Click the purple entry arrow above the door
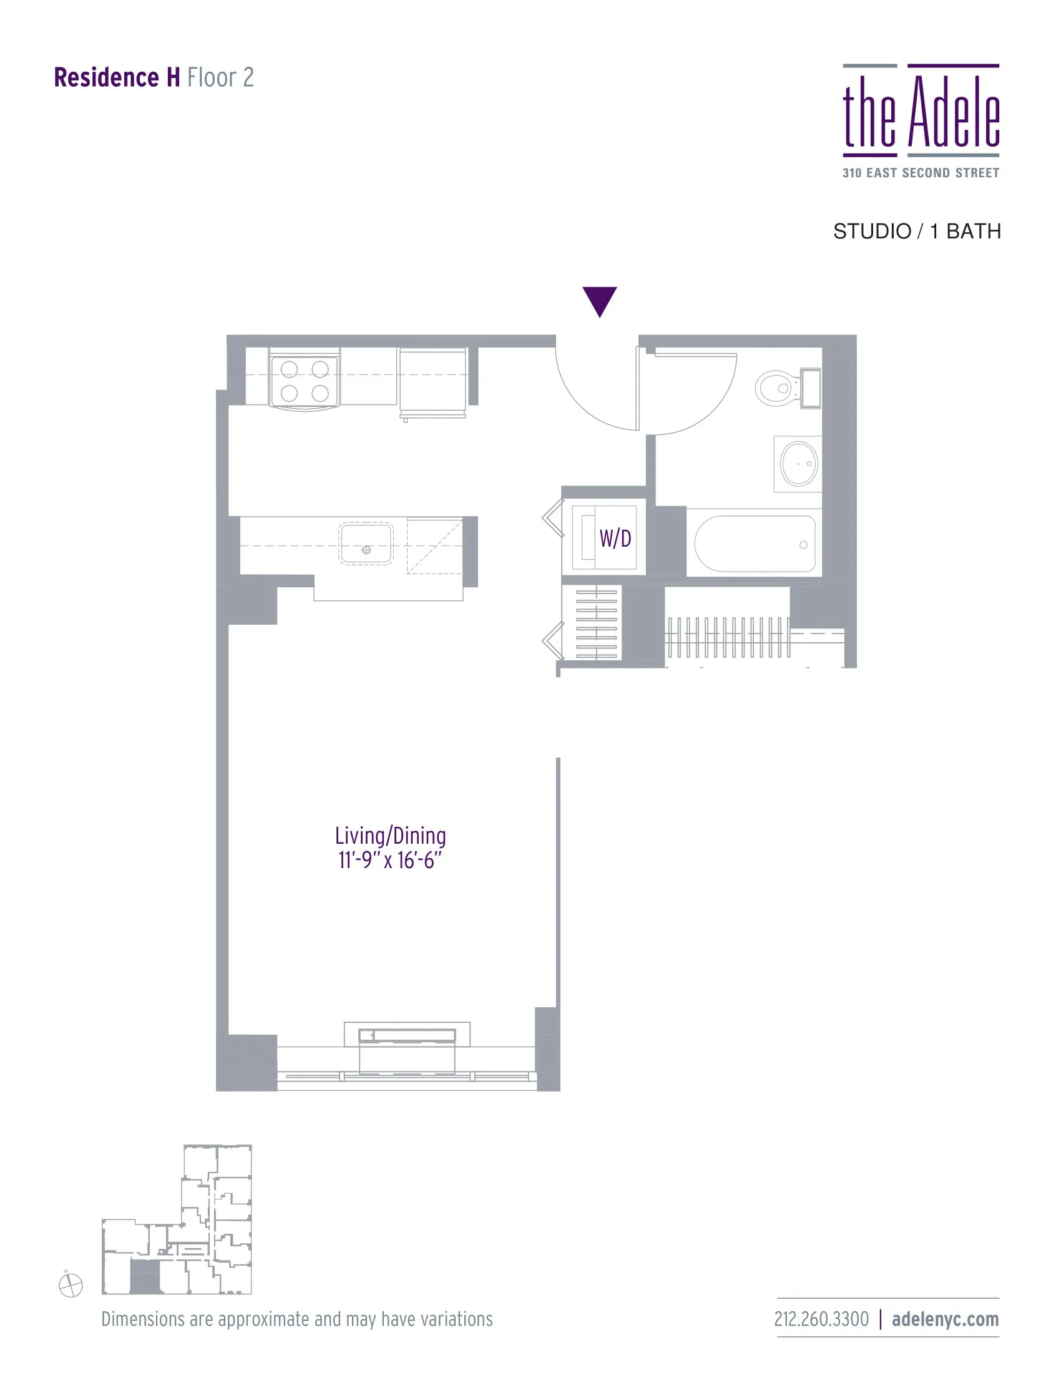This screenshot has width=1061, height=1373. click(x=599, y=301)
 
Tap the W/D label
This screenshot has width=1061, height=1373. click(x=615, y=539)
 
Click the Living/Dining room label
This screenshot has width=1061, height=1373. click(x=390, y=836)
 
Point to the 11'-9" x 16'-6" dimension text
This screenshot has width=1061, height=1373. click(x=390, y=860)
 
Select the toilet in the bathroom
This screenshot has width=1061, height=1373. click(x=778, y=388)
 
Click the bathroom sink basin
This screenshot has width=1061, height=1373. click(x=799, y=464)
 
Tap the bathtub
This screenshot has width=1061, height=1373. click(x=755, y=544)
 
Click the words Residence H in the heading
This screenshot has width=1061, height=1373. click(x=117, y=78)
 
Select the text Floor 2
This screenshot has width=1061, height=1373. click(x=220, y=78)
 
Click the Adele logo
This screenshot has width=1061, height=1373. click(x=921, y=112)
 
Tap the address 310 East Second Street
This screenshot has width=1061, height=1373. click(x=921, y=173)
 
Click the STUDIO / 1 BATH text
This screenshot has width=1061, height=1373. click(x=917, y=232)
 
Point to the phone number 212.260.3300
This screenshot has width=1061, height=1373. click(x=821, y=1319)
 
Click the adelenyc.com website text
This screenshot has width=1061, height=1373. click(x=946, y=1319)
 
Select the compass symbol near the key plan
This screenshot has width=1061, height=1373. click(x=71, y=1285)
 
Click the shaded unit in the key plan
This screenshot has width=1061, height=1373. click(x=145, y=1277)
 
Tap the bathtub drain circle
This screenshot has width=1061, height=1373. click(x=803, y=545)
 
